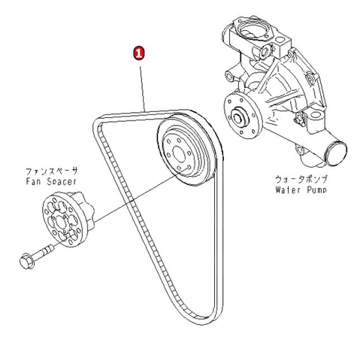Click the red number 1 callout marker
pyautogui.click(x=139, y=53)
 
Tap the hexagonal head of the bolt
pyautogui.click(x=26, y=262)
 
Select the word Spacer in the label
pyautogui.click(x=60, y=181)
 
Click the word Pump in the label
pyautogui.click(x=317, y=190)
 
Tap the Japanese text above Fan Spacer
pyautogui.click(x=52, y=171)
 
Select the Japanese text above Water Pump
pyautogui.click(x=301, y=180)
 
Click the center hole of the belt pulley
pyautogui.click(x=179, y=154)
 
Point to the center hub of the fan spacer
pyautogui.click(x=60, y=222)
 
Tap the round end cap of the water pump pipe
pyautogui.click(x=337, y=153)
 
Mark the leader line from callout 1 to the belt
pyautogui.click(x=142, y=89)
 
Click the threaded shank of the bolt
pyautogui.click(x=43, y=253)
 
